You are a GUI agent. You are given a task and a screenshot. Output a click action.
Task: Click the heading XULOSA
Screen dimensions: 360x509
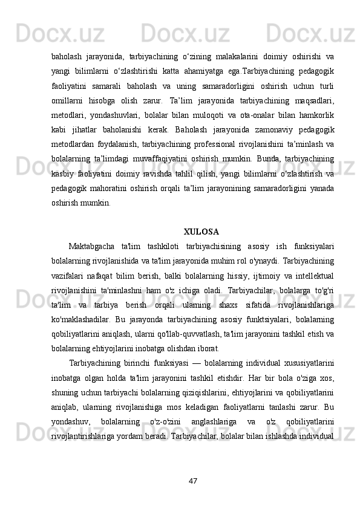point(201,231)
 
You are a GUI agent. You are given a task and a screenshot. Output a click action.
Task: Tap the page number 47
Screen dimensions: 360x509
point(192,481)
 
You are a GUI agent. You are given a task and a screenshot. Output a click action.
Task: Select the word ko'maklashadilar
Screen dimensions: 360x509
point(80,319)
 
